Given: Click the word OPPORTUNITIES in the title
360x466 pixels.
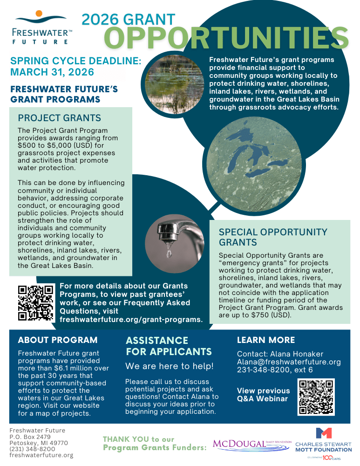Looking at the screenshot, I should [226, 38].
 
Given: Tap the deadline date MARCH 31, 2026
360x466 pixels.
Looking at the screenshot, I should [52, 72].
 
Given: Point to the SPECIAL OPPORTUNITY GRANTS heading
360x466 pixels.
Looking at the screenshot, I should [273, 237].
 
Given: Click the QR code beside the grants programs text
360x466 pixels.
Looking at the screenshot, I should [35, 303].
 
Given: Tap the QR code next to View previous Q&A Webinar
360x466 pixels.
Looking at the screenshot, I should [316, 397].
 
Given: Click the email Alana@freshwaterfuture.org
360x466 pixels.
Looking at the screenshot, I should [289, 362].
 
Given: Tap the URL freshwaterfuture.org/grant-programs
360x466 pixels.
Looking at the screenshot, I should [131, 320].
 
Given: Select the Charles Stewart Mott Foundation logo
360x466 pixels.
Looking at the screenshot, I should [324, 441].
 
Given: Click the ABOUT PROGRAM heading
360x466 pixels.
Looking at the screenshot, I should [58, 340].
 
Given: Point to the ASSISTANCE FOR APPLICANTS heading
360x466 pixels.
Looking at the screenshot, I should [168, 346].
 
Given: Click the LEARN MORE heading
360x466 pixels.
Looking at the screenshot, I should [266, 340].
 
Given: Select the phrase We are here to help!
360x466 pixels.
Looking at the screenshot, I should [170, 367].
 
